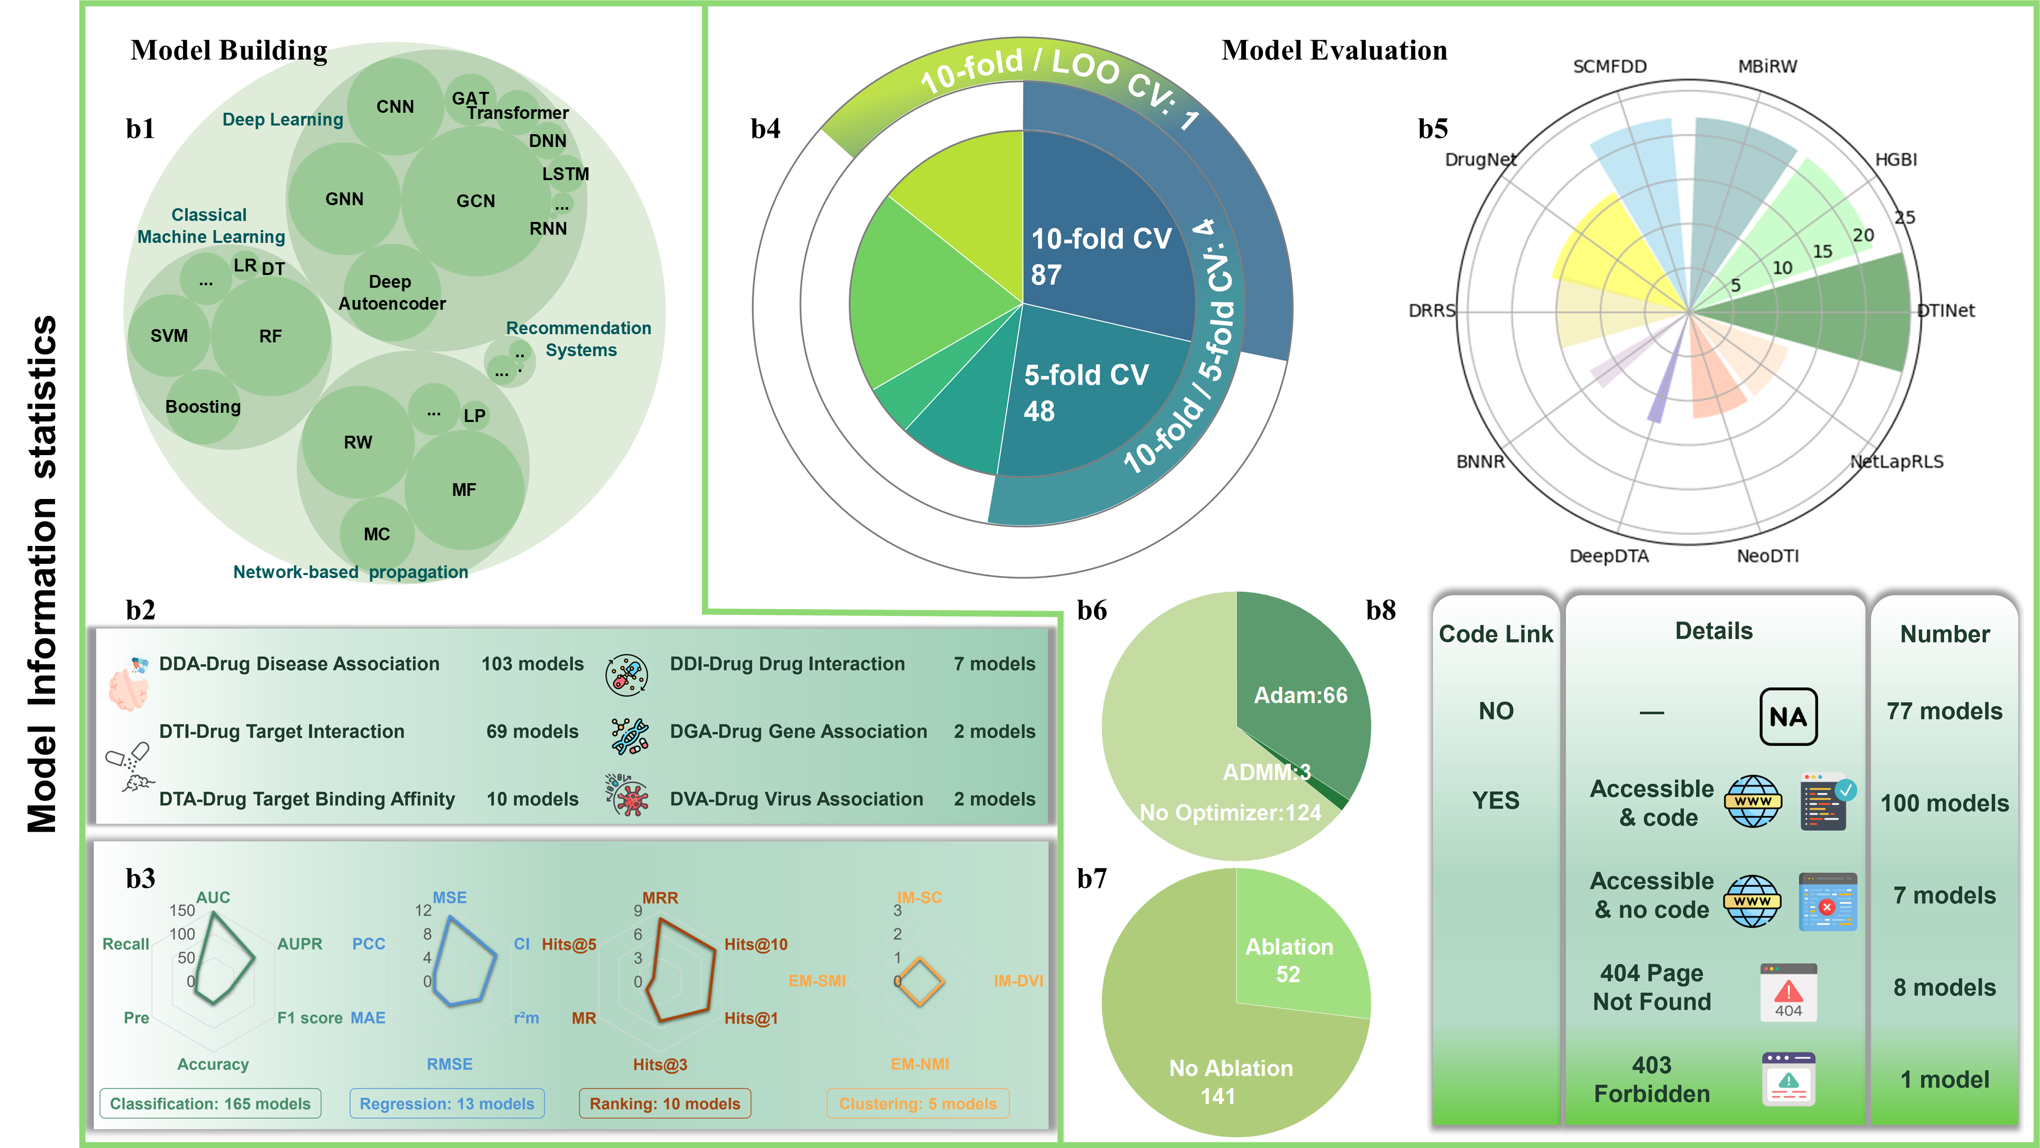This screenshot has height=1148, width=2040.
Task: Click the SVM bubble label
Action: click(x=169, y=335)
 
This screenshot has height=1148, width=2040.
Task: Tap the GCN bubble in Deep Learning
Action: click(x=475, y=201)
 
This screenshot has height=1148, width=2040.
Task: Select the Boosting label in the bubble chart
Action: click(x=203, y=407)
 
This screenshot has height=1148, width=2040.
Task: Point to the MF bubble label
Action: click(x=464, y=490)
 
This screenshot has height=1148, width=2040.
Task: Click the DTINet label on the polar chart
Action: click(x=1945, y=311)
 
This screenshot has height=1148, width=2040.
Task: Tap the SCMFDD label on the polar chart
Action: click(x=1609, y=66)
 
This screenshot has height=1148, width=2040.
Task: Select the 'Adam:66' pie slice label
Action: click(x=1300, y=695)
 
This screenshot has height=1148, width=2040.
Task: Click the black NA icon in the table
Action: click(x=1788, y=716)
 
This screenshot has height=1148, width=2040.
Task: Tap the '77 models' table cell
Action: click(x=1944, y=711)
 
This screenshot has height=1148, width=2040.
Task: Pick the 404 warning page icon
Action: click(x=1788, y=992)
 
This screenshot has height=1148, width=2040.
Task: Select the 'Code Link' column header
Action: click(x=1496, y=634)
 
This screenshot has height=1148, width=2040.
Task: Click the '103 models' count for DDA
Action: click(x=532, y=664)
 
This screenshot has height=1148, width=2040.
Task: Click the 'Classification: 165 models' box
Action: click(x=210, y=1103)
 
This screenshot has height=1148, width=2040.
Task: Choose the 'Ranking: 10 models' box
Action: click(x=665, y=1103)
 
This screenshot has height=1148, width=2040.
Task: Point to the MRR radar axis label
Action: click(x=659, y=897)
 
